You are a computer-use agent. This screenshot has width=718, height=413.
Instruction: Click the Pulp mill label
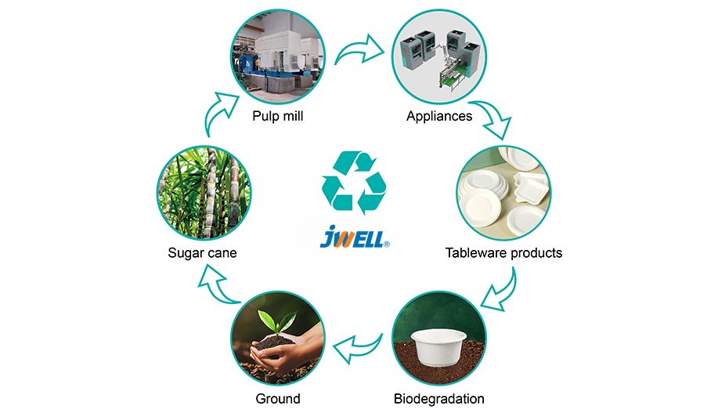tap(277, 116)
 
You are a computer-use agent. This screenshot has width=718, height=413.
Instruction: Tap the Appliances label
tap(439, 116)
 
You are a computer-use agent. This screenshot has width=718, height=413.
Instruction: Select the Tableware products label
tap(503, 253)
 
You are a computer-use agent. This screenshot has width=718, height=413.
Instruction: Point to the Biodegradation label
tap(438, 398)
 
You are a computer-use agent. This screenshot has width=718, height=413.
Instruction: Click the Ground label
tap(278, 398)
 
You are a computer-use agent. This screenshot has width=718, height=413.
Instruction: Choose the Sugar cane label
tap(202, 253)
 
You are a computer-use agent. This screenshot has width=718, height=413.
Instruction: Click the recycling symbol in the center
tap(354, 183)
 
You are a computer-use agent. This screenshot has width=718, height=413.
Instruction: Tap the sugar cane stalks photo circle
tap(203, 191)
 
